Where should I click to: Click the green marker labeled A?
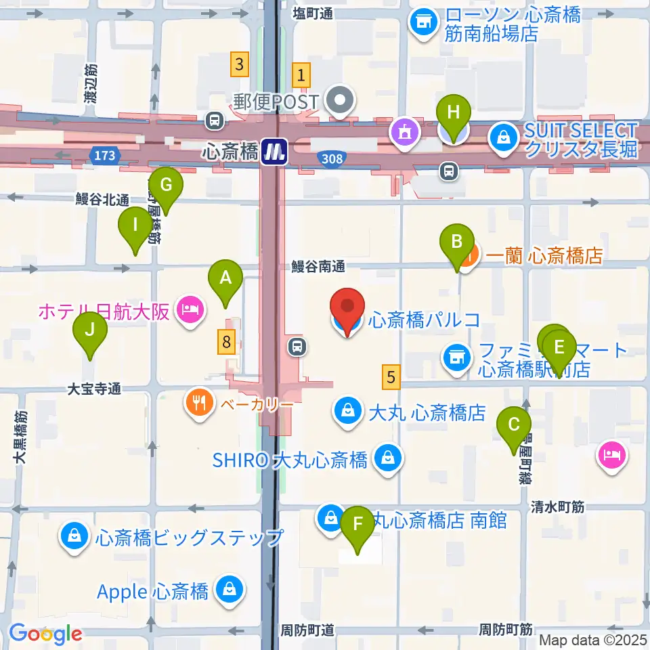(x=226, y=278)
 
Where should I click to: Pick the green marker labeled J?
(x=91, y=332)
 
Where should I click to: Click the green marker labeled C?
(x=514, y=426)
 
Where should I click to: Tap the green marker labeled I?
(x=135, y=225)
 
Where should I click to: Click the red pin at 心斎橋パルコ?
(x=348, y=308)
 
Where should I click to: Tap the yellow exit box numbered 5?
(x=391, y=376)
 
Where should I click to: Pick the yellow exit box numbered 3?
(x=238, y=64)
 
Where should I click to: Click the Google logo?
(x=46, y=634)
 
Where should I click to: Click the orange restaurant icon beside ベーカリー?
(x=198, y=404)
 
